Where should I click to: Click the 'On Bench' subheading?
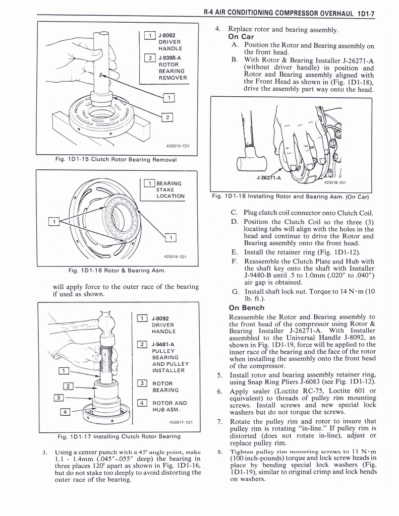246,307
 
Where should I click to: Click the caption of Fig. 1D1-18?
291,196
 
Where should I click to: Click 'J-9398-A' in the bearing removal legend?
169,57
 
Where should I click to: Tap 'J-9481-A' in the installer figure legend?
162,344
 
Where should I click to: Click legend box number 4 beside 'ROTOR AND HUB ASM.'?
142,403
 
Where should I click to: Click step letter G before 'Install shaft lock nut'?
235,291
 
